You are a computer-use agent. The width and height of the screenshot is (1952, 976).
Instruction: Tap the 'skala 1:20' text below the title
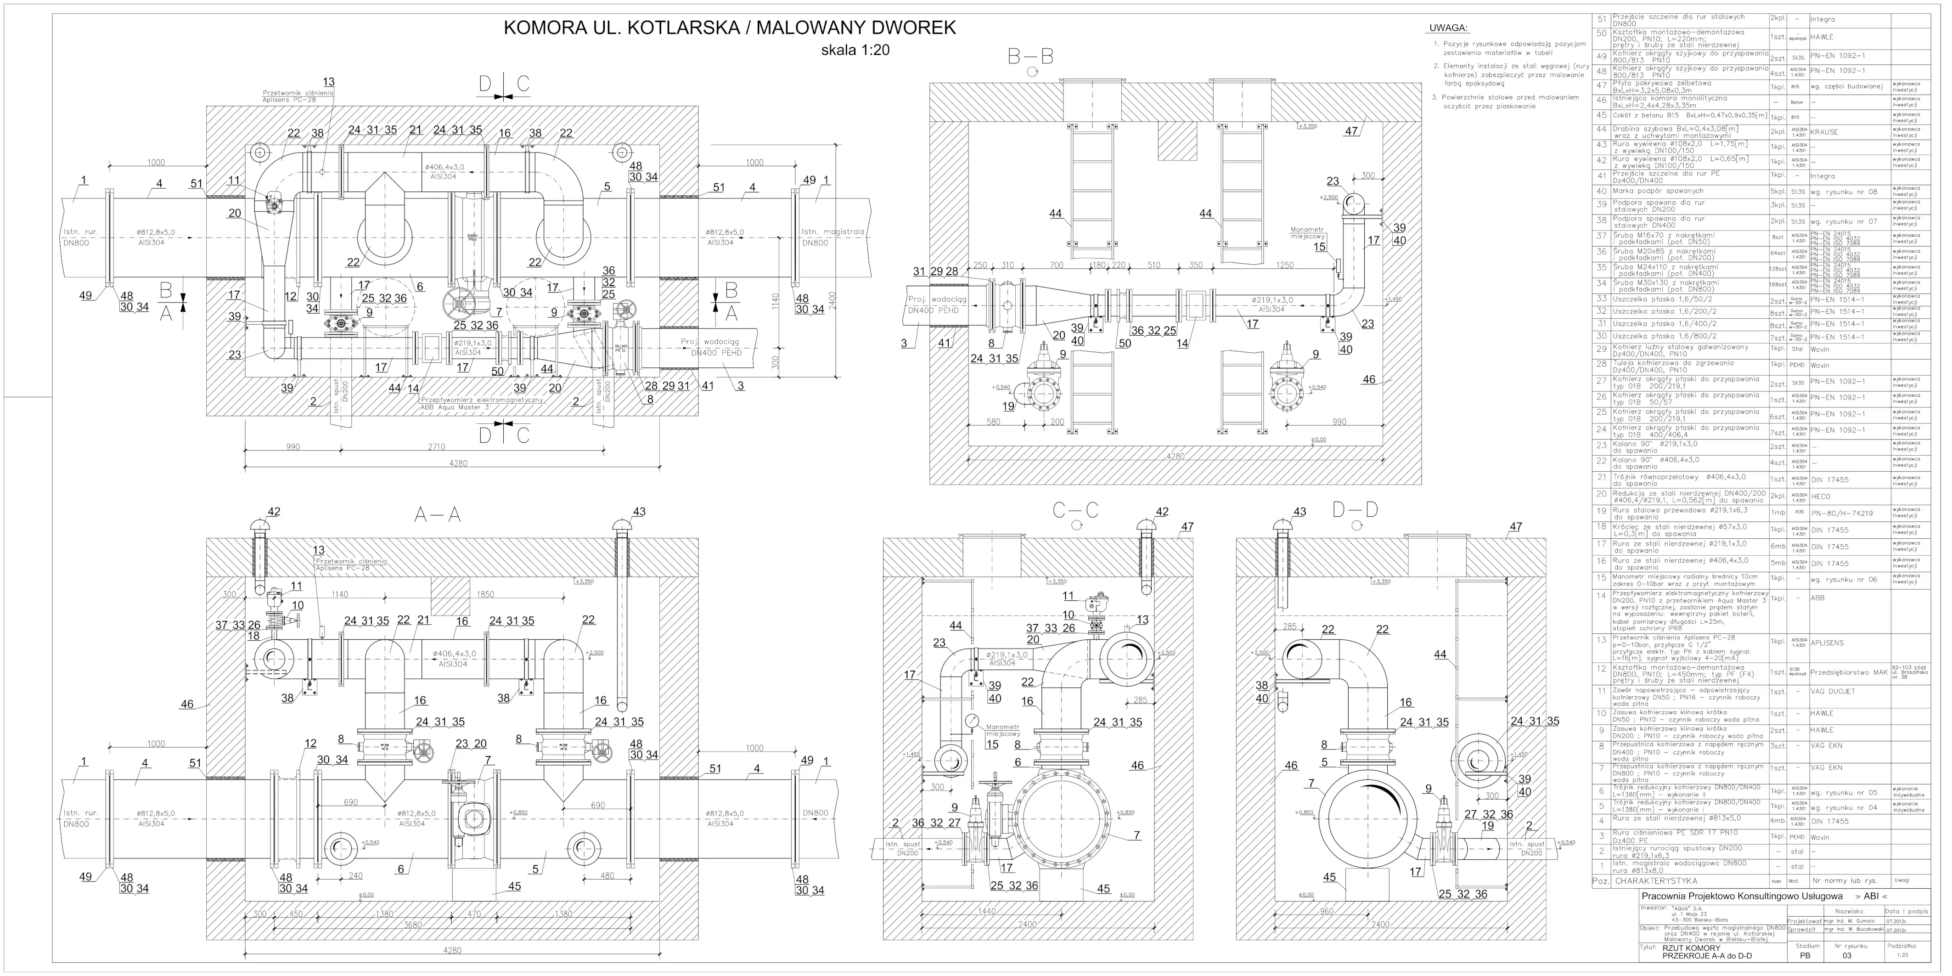pos(855,51)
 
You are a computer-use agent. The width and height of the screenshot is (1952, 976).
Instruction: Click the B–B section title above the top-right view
pos(1030,57)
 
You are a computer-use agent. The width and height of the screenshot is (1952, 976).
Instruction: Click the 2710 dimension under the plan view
pos(437,447)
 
